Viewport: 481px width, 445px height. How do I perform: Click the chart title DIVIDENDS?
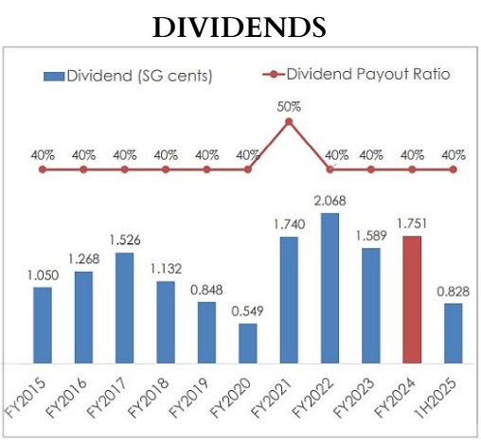tap(240, 26)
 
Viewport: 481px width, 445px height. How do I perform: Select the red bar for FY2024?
tap(412, 299)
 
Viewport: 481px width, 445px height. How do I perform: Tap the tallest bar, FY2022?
tap(330, 288)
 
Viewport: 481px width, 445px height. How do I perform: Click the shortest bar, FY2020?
tap(247, 343)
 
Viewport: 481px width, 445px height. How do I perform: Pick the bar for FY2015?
tap(43, 325)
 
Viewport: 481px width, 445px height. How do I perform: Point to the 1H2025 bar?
tap(453, 332)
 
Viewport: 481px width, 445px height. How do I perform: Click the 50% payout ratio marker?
tap(289, 121)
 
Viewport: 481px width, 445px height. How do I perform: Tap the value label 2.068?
tap(330, 201)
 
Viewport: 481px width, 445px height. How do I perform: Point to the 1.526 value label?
tap(124, 240)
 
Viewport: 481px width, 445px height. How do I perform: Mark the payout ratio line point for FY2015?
tap(43, 169)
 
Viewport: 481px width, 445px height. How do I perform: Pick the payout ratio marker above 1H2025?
tap(453, 169)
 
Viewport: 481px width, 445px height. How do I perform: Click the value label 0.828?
tap(453, 291)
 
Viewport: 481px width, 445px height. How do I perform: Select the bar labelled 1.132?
tap(166, 322)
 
